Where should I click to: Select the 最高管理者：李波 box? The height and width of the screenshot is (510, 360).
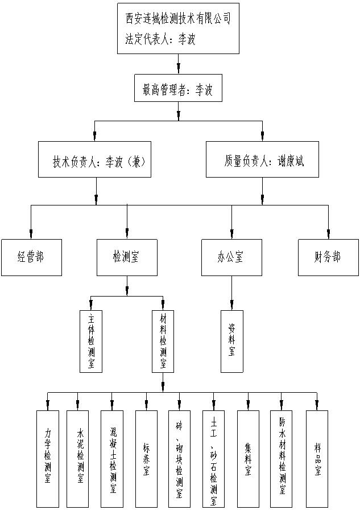click(178, 89)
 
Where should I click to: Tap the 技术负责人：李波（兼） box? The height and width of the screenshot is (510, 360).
click(96, 161)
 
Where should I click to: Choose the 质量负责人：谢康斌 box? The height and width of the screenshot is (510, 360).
click(262, 161)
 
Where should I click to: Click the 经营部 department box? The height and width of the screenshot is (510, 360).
click(31, 257)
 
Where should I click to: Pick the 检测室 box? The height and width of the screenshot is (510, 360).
click(127, 257)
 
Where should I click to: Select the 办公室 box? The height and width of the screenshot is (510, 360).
click(231, 257)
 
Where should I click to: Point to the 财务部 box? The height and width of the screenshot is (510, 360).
click(328, 257)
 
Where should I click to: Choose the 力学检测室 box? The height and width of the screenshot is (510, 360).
click(48, 458)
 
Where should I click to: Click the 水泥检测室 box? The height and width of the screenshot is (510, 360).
click(79, 458)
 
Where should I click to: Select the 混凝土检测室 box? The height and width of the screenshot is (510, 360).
click(112, 458)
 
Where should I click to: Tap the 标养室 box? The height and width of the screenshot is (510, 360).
click(146, 458)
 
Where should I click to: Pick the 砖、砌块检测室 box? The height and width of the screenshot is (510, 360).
click(180, 458)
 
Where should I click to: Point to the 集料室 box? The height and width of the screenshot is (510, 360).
click(248, 458)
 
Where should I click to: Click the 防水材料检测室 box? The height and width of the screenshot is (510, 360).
click(282, 458)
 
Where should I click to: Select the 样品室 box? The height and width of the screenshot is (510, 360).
click(317, 458)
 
